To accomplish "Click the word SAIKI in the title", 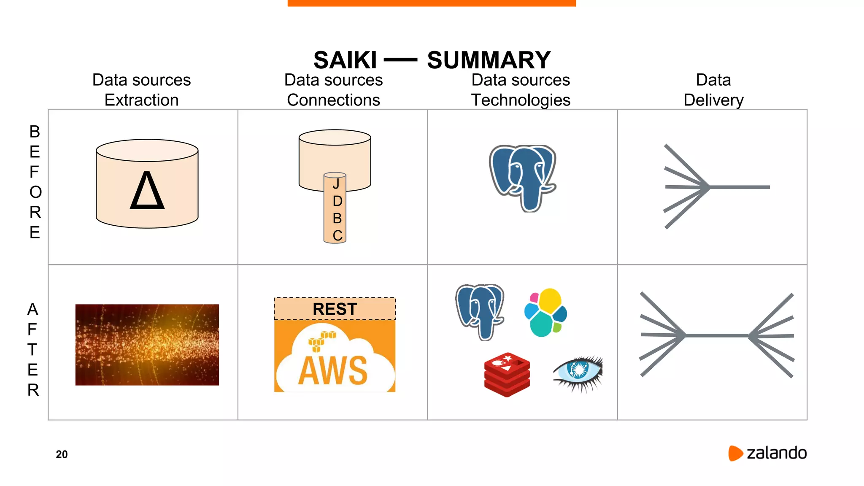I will (x=345, y=60).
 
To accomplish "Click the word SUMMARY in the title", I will (x=489, y=60).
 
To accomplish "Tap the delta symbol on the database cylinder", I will (x=147, y=191).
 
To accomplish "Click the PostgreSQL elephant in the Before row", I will (x=523, y=178).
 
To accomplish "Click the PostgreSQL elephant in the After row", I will (x=480, y=311).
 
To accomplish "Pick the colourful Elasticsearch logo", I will (x=545, y=313).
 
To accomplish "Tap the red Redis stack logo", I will (x=507, y=375).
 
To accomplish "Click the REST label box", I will (x=335, y=309).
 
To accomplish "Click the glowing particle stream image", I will (x=147, y=345).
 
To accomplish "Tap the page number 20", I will (x=62, y=454).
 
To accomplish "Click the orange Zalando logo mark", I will (x=735, y=453).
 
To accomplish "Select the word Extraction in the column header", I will (x=141, y=100).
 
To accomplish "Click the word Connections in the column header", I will (x=333, y=100).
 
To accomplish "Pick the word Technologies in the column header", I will (x=521, y=100).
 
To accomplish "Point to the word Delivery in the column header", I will (x=713, y=100).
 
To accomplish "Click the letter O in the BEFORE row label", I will (x=35, y=192).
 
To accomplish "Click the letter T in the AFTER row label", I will (x=32, y=350).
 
